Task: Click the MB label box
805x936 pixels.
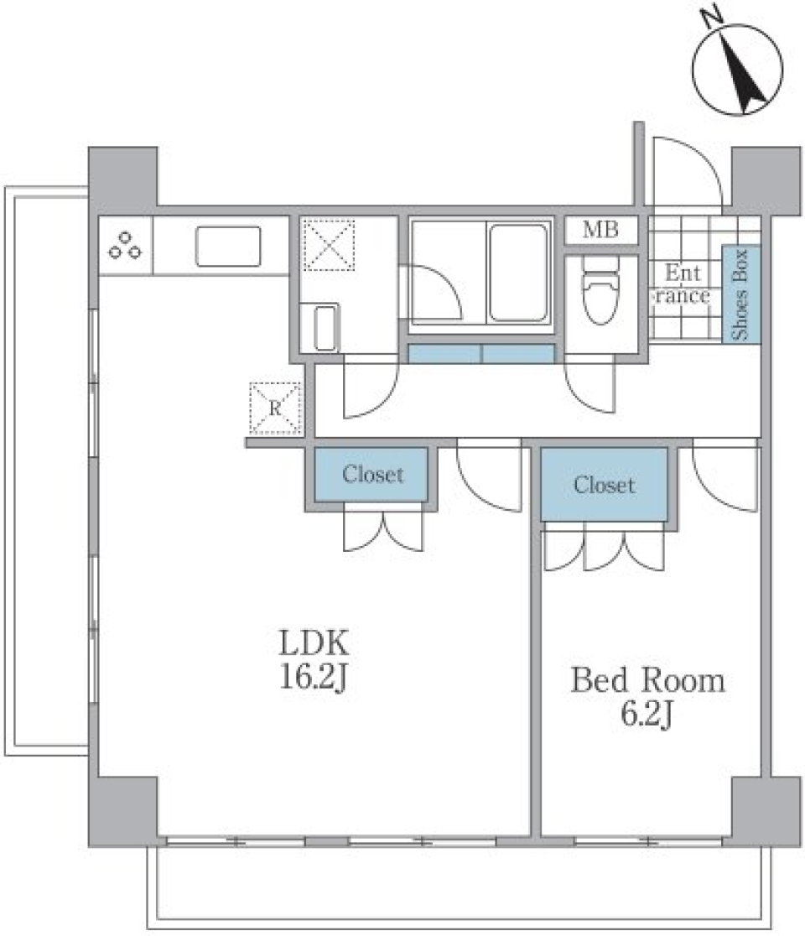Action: (600, 231)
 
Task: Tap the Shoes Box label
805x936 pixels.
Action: (741, 294)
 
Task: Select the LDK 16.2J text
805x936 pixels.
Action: (313, 660)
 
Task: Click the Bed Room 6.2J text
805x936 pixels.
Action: (647, 695)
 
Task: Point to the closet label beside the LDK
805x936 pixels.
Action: (372, 475)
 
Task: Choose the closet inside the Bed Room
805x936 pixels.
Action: (604, 485)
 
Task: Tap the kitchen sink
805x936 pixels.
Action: (228, 247)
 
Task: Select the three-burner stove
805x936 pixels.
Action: (125, 246)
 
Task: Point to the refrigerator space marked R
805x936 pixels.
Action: (275, 408)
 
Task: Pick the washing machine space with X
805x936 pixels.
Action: (329, 245)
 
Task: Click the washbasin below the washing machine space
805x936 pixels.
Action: (326, 329)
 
